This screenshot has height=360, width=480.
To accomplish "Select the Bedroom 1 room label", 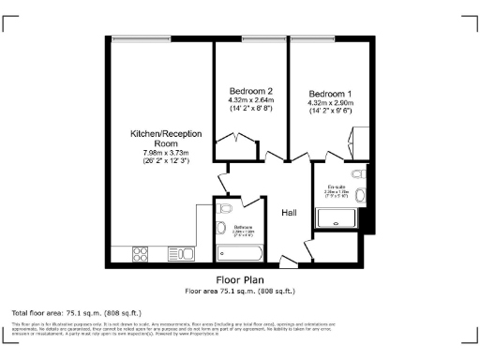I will click(x=330, y=94).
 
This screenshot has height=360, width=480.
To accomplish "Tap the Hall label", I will click(x=290, y=213).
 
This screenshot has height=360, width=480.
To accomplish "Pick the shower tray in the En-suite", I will click(x=337, y=217).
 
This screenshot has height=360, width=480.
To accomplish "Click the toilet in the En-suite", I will click(x=357, y=174).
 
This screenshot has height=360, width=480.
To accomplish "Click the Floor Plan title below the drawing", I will click(x=240, y=279).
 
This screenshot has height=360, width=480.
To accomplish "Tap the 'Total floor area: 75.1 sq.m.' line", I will click(x=76, y=311).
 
